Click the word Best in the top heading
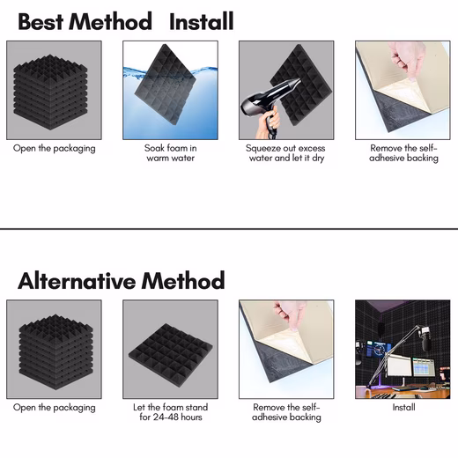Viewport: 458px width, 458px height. coord(41,21)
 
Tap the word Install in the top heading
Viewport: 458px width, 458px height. coord(202,21)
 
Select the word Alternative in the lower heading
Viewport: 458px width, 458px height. coord(77,281)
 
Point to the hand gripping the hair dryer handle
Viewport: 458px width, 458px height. coord(269,122)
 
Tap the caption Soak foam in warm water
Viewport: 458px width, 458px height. coord(171,153)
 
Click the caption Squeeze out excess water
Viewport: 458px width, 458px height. coord(286,153)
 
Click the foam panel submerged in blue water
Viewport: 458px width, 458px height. coord(165,85)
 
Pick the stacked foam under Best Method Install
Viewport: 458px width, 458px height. coord(50,92)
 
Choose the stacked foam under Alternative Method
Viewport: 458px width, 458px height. coord(55,351)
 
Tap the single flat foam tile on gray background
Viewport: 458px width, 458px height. coord(171,356)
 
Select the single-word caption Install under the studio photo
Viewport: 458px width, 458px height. coord(403,407)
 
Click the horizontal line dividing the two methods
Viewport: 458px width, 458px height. coord(229,228)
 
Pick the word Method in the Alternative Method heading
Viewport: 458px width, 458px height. coord(183,281)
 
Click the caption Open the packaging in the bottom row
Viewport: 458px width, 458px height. coord(55,408)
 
